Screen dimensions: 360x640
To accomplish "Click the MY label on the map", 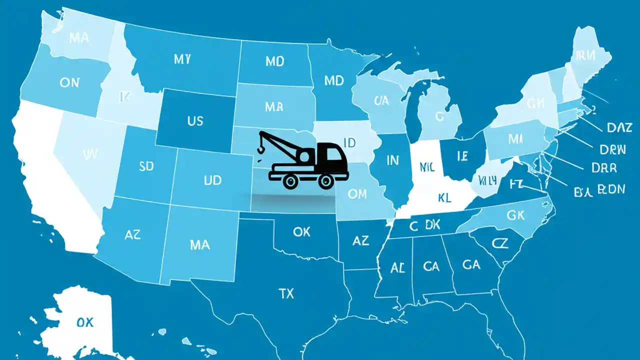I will [182, 59].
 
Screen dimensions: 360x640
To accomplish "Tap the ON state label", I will [69, 82].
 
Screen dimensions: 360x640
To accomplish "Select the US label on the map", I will [195, 120].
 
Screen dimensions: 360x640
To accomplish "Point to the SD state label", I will [146, 166].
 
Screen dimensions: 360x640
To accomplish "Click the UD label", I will [212, 180].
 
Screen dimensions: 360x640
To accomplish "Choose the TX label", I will [286, 293].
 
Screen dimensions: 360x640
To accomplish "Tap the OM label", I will [357, 194].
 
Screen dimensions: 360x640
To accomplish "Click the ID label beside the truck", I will [349, 142].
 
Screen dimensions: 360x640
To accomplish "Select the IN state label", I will [393, 160].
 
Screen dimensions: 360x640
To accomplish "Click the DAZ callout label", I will [619, 128].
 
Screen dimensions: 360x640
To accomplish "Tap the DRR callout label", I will [604, 168].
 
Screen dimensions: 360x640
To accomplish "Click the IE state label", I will [462, 156].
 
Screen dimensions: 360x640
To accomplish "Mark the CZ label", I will [499, 243].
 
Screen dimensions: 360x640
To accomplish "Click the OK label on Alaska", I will [85, 322].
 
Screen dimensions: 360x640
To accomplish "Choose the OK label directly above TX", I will [301, 232].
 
